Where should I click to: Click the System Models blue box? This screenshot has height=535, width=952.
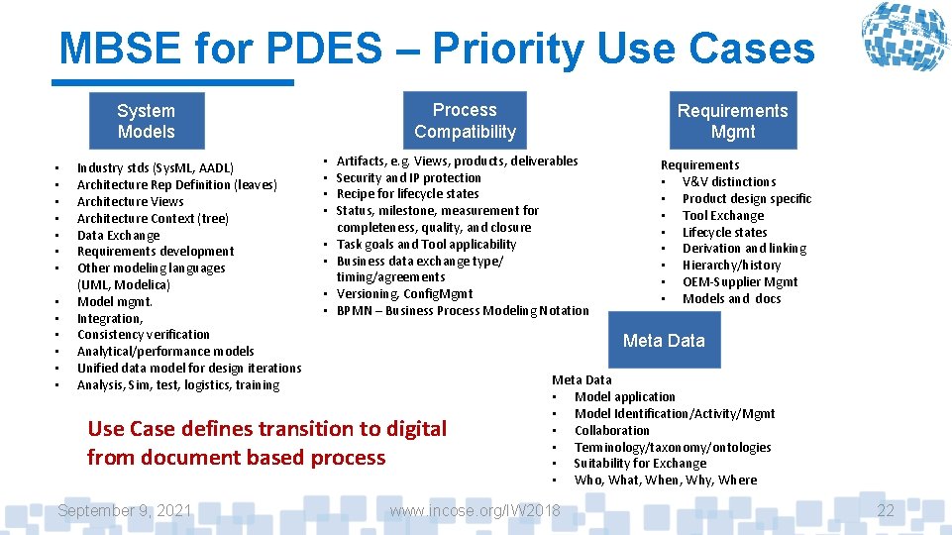(x=146, y=121)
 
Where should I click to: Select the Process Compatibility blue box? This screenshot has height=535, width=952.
(x=465, y=120)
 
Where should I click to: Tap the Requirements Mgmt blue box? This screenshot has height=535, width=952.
(x=732, y=121)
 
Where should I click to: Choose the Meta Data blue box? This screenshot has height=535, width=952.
(x=664, y=341)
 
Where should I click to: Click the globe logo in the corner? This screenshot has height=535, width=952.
(x=903, y=38)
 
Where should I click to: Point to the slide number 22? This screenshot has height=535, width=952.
(x=886, y=510)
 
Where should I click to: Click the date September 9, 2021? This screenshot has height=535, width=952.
(x=125, y=510)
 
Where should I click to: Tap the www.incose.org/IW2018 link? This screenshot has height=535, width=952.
(x=476, y=510)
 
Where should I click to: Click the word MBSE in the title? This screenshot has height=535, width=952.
(x=118, y=48)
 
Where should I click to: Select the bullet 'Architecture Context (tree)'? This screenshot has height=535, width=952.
(x=153, y=218)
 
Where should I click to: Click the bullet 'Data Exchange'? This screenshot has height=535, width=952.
(x=118, y=235)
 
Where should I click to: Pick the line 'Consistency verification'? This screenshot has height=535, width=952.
(x=144, y=335)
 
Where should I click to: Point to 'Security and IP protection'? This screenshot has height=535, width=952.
(x=408, y=177)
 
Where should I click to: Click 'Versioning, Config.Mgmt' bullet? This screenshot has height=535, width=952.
(x=404, y=293)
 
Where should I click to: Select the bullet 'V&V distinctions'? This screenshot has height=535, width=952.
(x=729, y=181)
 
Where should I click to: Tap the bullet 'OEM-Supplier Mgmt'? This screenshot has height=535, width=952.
(x=740, y=281)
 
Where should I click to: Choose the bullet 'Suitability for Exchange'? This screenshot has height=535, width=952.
(x=640, y=463)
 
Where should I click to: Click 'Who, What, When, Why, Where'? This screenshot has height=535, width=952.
(x=665, y=480)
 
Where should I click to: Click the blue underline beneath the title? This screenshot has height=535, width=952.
(x=176, y=83)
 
